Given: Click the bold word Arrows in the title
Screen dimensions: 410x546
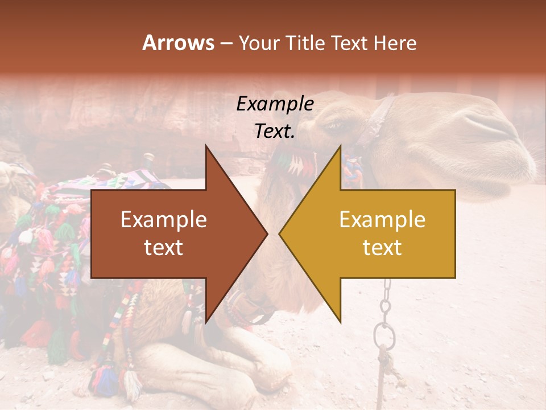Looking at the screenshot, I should pos(179,43).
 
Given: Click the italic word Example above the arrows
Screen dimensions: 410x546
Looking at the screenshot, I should pos(275,104).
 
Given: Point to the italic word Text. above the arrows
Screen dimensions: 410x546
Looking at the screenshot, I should pos(275,132).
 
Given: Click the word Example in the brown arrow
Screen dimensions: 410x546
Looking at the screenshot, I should pos(163,220).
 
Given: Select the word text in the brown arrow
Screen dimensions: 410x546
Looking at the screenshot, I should pos(163,248).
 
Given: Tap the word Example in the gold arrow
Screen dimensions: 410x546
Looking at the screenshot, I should pos(382,220).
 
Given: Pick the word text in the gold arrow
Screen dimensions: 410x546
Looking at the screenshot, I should pos(382,248).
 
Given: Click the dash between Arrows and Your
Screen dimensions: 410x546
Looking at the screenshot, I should pos(226,44).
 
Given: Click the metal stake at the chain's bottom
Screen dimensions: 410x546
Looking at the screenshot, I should pos(383,370).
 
